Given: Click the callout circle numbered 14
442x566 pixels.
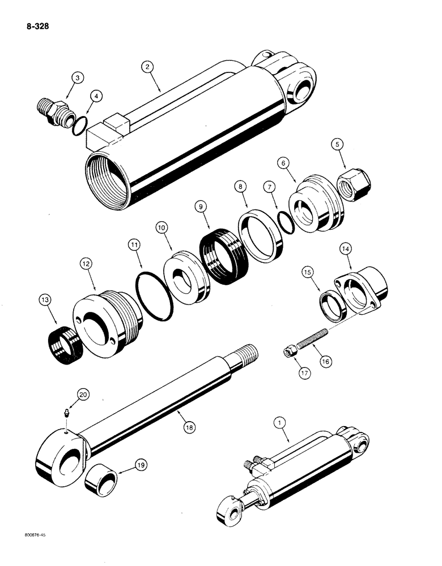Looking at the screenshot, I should [x=345, y=248].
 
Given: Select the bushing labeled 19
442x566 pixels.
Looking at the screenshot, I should [x=102, y=484].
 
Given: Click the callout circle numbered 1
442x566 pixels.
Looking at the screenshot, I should [x=278, y=421].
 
